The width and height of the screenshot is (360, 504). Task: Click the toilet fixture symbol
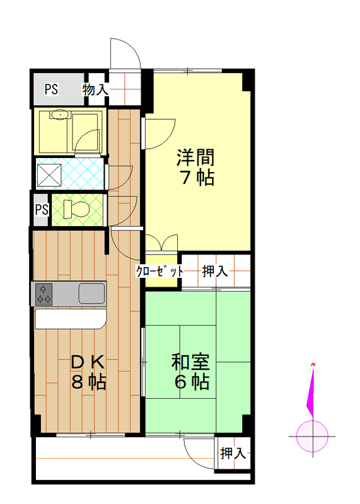pos(76,209)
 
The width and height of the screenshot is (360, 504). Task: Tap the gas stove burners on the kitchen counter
pos(44,294)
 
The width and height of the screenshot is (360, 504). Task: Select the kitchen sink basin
pos(92,293)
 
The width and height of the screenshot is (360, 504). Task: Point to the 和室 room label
pos(190,362)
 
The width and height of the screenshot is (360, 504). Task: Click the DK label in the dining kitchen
pos(88,363)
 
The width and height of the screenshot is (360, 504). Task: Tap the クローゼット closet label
pos(160,272)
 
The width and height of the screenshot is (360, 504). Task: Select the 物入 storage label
pos(95,89)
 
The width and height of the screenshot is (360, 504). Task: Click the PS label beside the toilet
pos(42,210)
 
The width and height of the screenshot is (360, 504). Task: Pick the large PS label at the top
pos(51,89)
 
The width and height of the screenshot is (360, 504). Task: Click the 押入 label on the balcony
pos(233,453)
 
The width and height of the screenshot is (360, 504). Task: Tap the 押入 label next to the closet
pos(215,272)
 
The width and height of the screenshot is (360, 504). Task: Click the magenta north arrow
pos(311,392)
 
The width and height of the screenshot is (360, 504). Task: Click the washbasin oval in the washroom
pos(59,115)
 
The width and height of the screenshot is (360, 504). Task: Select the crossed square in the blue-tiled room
pos(49,176)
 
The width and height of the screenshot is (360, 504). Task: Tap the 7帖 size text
pos(197,177)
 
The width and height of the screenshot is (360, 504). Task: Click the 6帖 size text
pos(192,382)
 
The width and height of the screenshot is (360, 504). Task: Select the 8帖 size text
pos(89,382)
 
